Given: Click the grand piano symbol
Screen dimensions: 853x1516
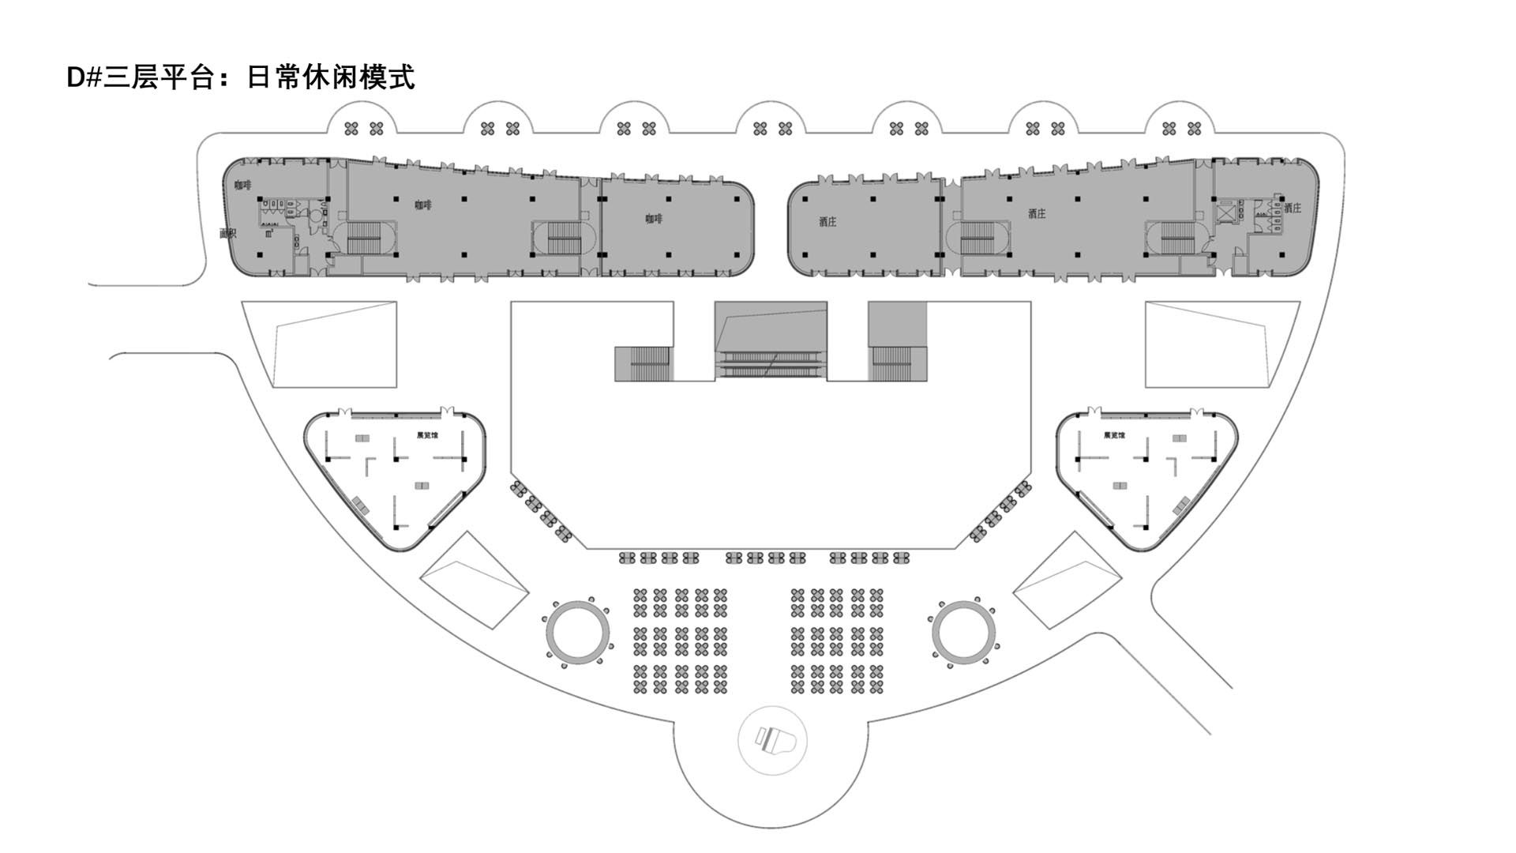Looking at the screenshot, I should pyautogui.click(x=772, y=740).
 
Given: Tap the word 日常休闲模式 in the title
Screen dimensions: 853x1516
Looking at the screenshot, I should pyautogui.click(x=331, y=77).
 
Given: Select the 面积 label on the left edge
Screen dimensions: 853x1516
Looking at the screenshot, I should pyautogui.click(x=227, y=233).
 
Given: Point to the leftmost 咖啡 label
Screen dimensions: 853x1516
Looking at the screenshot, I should pyautogui.click(x=242, y=185).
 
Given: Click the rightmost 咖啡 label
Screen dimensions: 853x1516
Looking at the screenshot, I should pyautogui.click(x=653, y=219).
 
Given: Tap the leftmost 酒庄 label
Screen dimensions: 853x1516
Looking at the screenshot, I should pyautogui.click(x=827, y=222).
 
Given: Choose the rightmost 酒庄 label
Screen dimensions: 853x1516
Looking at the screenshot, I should pyautogui.click(x=1292, y=208).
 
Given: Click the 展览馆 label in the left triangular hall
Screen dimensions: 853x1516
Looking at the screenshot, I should pyautogui.click(x=427, y=435).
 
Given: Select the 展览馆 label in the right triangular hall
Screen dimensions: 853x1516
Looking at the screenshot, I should pyautogui.click(x=1114, y=435).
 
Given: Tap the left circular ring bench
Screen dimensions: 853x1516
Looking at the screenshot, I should pyautogui.click(x=579, y=632).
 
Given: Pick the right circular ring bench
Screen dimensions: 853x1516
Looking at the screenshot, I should pyautogui.click(x=963, y=632).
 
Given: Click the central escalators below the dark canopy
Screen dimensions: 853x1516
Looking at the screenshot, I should pyautogui.click(x=771, y=364).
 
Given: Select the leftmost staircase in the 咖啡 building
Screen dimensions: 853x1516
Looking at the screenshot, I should pyautogui.click(x=364, y=238).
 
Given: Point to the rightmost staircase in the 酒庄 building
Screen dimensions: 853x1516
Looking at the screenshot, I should pyautogui.click(x=1178, y=238).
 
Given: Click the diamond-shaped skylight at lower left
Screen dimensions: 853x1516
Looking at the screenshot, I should pyautogui.click(x=473, y=580).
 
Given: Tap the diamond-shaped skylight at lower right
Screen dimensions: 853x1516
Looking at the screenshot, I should pyautogui.click(x=1067, y=580).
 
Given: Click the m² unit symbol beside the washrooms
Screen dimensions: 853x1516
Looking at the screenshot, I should pyautogui.click(x=269, y=233).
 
